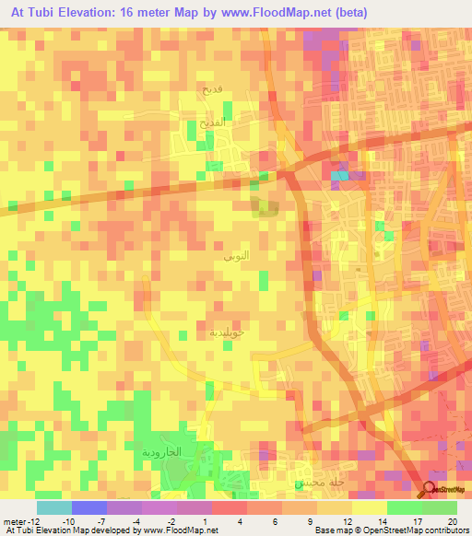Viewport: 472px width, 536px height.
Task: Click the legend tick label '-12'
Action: [27, 520]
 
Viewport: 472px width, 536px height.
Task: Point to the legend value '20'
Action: [451, 520]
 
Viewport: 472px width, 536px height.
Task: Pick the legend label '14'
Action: [369, 520]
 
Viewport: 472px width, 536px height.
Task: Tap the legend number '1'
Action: [230, 520]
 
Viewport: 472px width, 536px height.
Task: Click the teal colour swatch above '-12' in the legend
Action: [54, 507]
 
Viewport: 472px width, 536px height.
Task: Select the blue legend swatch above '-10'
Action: [89, 507]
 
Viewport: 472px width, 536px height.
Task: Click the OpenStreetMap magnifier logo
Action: [431, 489]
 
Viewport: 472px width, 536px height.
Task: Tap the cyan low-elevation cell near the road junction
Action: [340, 175]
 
